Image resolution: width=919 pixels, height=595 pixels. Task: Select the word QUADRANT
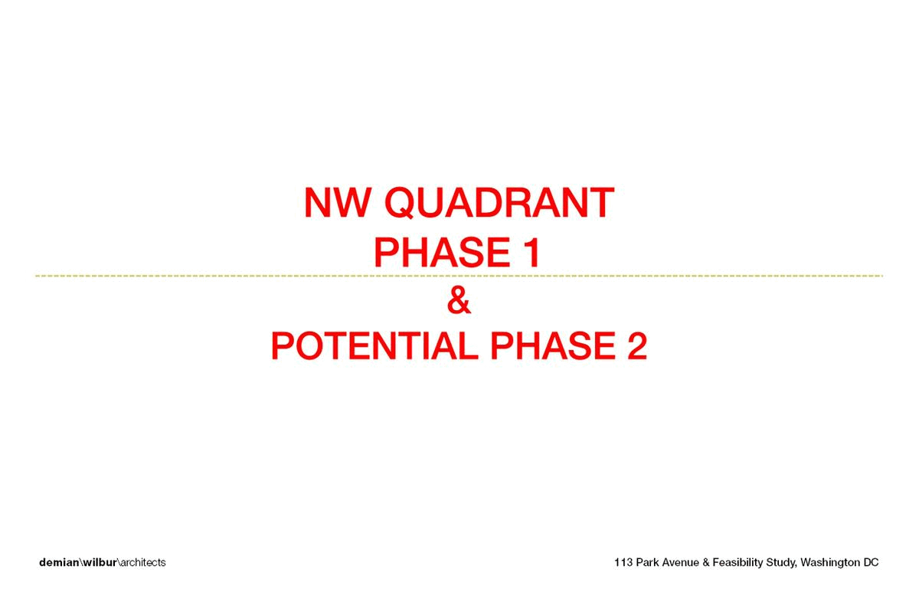coord(499,203)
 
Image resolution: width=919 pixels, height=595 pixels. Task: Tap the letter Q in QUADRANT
coord(401,203)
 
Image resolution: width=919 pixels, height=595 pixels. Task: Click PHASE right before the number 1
coord(442,252)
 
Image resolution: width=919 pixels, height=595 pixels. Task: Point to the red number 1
coord(532,252)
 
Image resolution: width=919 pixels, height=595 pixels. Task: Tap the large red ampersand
coord(459,301)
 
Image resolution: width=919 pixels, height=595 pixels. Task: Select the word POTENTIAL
coord(374,345)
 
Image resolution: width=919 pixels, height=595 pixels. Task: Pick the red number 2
coord(637,345)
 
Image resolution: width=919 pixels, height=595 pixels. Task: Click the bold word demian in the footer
coord(59,562)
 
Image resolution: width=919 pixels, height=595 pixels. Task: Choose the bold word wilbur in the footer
coord(100,562)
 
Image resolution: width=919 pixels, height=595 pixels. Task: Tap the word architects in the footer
coord(142,562)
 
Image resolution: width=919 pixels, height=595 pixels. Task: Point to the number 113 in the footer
coord(623,562)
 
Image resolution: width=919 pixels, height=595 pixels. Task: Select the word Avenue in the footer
coord(680,562)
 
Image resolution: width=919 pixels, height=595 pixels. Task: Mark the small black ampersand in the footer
coord(705,562)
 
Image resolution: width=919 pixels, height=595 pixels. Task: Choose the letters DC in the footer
coord(871,562)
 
